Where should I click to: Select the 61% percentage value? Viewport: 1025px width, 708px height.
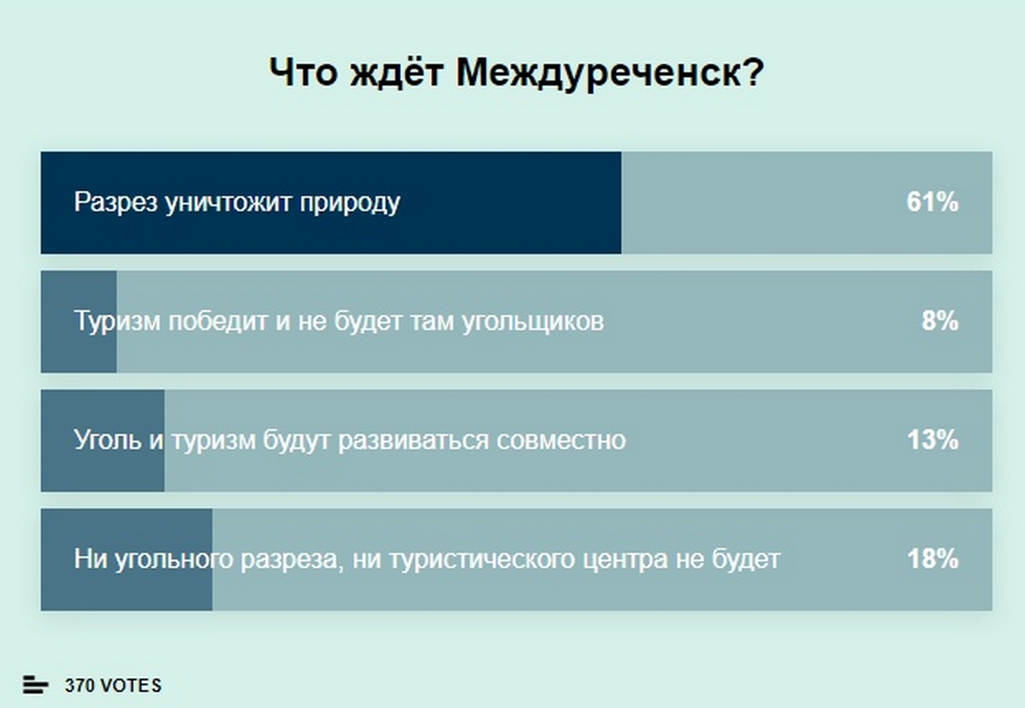pyautogui.click(x=933, y=202)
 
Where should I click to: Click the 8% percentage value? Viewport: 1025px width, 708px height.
pyautogui.click(x=940, y=321)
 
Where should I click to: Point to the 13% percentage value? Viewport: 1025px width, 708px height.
pyautogui.click(x=933, y=440)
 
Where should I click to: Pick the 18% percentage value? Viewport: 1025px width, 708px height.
pyautogui.click(x=933, y=558)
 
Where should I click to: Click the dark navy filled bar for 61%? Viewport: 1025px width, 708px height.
pyautogui.click(x=331, y=203)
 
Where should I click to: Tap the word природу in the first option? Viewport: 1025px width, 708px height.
pyautogui.click(x=350, y=203)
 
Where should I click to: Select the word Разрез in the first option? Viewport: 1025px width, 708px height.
pyautogui.click(x=116, y=202)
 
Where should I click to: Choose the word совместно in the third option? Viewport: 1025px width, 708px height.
pyautogui.click(x=561, y=440)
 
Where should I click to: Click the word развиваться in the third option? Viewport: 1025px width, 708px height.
pyautogui.click(x=413, y=441)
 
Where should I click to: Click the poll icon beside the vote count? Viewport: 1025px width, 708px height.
pyautogui.click(x=35, y=685)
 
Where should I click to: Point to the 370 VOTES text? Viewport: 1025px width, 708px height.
pyautogui.click(x=113, y=686)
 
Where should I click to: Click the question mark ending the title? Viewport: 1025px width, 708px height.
pyautogui.click(x=753, y=72)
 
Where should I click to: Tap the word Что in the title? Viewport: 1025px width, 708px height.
pyautogui.click(x=303, y=73)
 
